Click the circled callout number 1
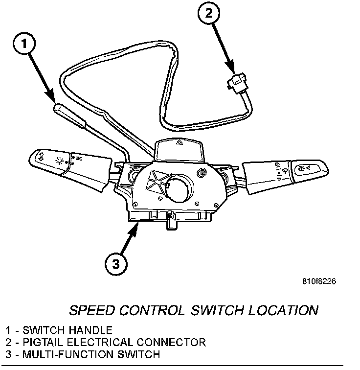(x=24, y=44)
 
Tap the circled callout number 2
(x=209, y=13)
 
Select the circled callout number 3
(x=116, y=264)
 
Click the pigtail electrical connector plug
(x=236, y=83)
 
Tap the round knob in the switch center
(x=179, y=188)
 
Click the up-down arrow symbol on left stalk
(x=41, y=157)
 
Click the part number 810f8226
(x=319, y=281)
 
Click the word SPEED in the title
(x=92, y=310)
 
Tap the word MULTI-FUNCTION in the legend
(x=68, y=354)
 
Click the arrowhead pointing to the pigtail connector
(x=230, y=67)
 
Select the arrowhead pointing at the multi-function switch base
(x=134, y=229)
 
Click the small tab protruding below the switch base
(x=172, y=225)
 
